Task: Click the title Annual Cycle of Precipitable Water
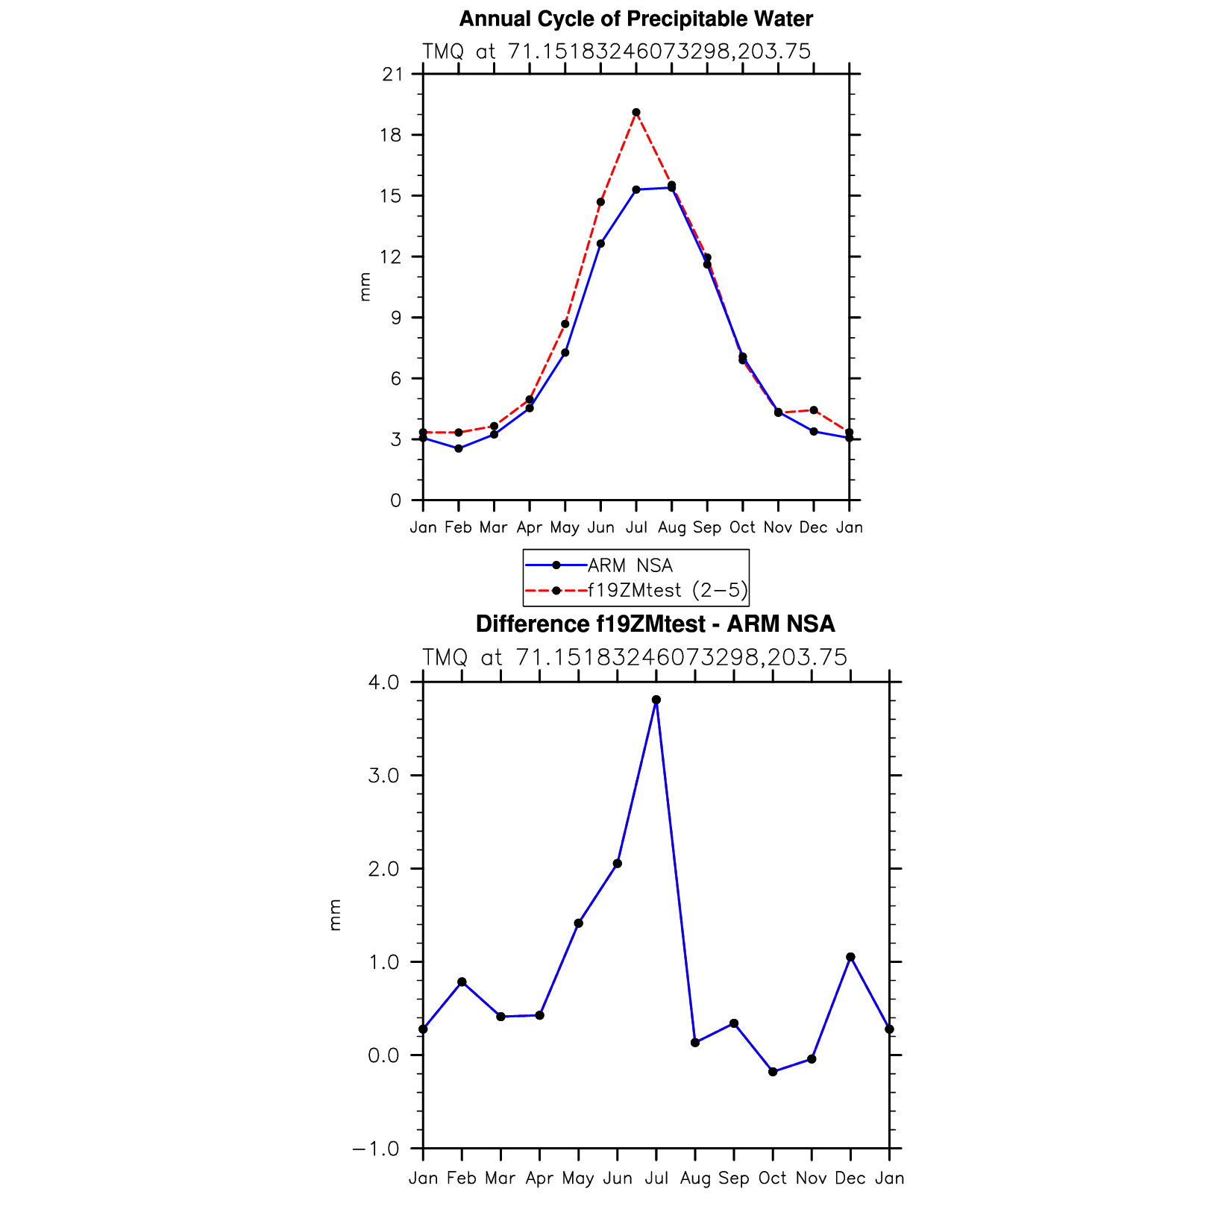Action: [635, 19]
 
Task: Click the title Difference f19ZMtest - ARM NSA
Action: [655, 624]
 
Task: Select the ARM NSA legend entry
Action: [630, 565]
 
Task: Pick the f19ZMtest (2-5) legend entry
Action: [667, 590]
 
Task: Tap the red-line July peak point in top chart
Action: [635, 113]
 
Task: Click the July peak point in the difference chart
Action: [656, 700]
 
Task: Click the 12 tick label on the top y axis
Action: [394, 257]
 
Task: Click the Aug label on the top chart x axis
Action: [671, 527]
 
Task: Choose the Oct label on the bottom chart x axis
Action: [773, 1178]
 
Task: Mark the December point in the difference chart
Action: [850, 957]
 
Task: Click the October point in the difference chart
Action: [773, 1072]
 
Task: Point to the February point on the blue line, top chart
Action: [459, 448]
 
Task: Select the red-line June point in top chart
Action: [600, 202]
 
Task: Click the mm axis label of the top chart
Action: [365, 287]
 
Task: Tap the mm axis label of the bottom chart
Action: [335, 915]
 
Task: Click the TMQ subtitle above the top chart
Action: [616, 51]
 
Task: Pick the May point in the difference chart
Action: [578, 923]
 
